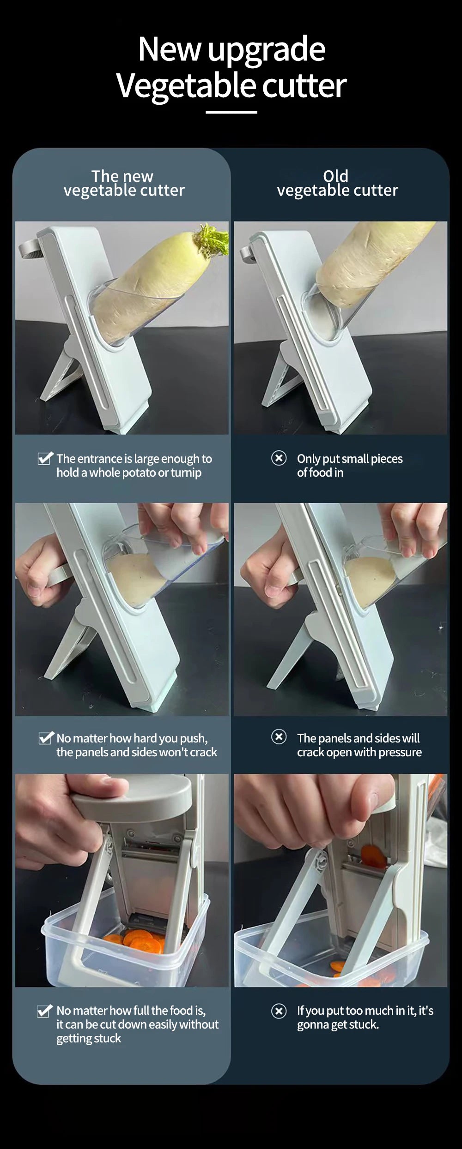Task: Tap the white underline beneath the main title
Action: tap(231, 112)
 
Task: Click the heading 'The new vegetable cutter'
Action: tap(123, 183)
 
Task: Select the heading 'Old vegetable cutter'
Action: tap(337, 183)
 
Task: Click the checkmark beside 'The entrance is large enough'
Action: tap(45, 459)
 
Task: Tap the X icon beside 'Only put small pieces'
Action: tap(279, 458)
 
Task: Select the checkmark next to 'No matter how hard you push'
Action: tap(46, 738)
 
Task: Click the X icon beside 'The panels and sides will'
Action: tap(279, 737)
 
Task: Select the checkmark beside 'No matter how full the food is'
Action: tap(45, 1011)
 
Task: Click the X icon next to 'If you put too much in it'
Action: tap(279, 1011)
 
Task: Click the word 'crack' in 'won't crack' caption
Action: tap(203, 752)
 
